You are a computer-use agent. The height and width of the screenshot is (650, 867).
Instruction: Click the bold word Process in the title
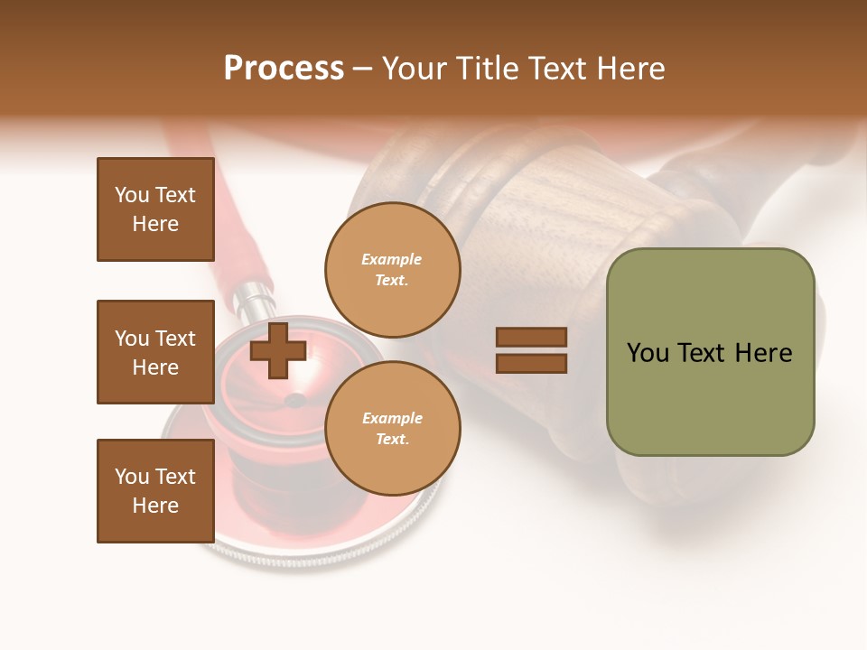284,69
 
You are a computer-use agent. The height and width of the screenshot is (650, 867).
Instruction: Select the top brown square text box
155,209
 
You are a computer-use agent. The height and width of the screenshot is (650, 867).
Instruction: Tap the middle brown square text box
155,352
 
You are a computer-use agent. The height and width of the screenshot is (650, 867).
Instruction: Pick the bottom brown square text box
155,491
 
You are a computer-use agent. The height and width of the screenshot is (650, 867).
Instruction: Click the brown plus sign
278,350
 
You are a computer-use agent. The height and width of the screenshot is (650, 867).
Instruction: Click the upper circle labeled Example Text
392,270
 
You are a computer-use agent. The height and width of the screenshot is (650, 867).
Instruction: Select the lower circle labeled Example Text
392,429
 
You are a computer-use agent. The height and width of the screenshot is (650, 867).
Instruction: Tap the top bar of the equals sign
531,338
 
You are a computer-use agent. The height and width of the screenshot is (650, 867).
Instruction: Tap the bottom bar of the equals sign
531,363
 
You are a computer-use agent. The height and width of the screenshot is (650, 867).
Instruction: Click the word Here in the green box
763,353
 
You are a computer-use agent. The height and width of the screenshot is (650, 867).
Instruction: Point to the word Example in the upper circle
392,260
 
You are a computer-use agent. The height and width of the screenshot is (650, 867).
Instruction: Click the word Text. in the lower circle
392,440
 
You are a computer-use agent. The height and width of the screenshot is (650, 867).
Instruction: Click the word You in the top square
131,195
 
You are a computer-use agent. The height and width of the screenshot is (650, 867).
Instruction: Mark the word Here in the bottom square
155,506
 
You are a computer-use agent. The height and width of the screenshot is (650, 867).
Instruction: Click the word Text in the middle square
175,339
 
